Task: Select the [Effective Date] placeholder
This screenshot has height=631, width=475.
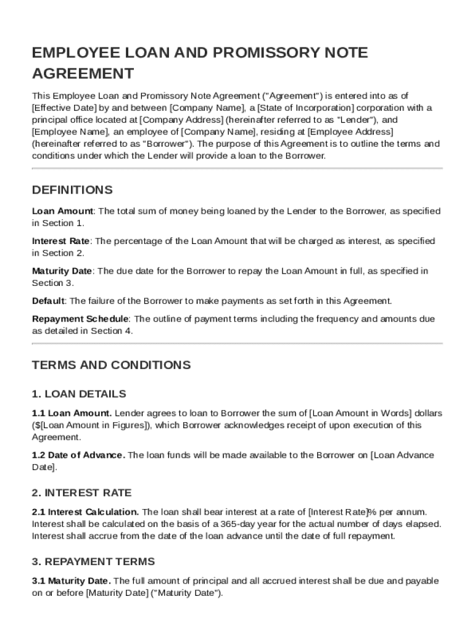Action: (61, 108)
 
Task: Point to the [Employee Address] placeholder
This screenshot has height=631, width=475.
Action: (350, 132)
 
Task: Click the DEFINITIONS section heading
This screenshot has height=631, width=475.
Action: (72, 190)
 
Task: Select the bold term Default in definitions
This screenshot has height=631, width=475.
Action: (48, 301)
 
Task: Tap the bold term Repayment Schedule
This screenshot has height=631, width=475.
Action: (80, 319)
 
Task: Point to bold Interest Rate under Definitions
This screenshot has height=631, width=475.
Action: (60, 241)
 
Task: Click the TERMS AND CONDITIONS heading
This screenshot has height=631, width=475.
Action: (111, 365)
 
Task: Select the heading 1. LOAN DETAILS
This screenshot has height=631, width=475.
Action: (78, 394)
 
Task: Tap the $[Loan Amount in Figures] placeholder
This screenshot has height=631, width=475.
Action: (91, 425)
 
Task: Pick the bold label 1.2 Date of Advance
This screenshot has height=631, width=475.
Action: (78, 455)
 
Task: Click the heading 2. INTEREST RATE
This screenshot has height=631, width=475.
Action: (81, 493)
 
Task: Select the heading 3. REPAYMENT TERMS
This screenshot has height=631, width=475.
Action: (93, 562)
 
